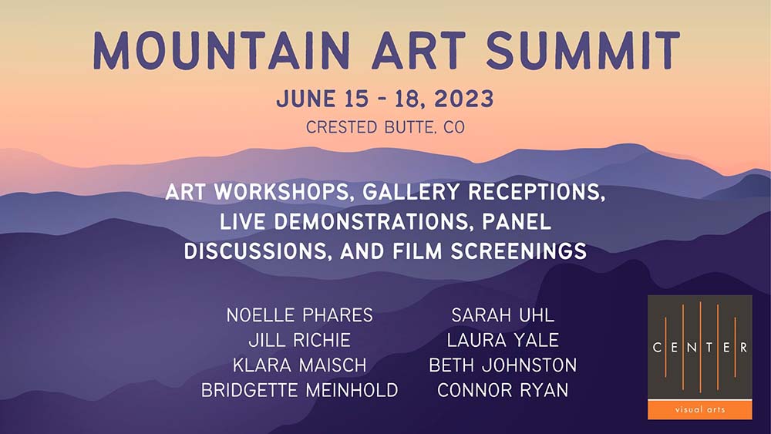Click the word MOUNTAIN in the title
[221, 51]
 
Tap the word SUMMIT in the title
[583, 51]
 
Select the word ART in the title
[417, 51]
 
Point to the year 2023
[463, 99]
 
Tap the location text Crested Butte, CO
[385, 127]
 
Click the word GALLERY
[411, 192]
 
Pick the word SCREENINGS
[519, 251]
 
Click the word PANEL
[517, 222]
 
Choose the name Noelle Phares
[299, 315]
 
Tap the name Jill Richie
[299, 340]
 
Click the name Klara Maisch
[299, 365]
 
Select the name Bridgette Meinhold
[299, 390]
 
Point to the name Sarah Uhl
[503, 315]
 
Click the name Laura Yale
[503, 340]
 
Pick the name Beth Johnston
[503, 365]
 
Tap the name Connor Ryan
[503, 390]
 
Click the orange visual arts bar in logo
[700, 409]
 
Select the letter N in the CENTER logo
[692, 348]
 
